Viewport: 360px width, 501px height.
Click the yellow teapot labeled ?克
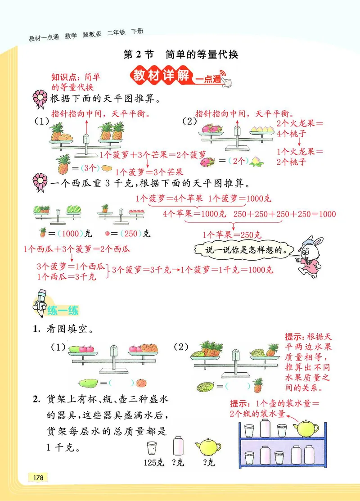click(x=208, y=447)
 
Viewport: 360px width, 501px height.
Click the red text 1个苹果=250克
click(x=232, y=235)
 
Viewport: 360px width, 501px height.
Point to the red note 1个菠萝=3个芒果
click(x=149, y=172)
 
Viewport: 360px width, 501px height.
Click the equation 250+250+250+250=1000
click(x=285, y=214)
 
